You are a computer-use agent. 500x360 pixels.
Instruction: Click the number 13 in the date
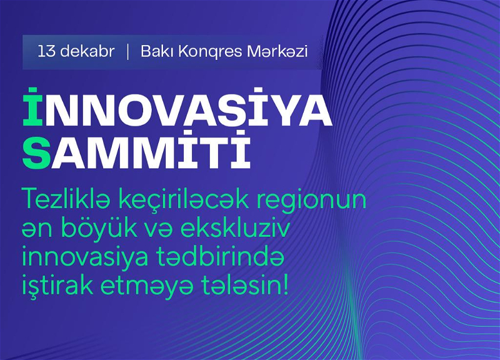point(46,52)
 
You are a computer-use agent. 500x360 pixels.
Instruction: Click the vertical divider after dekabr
point(128,52)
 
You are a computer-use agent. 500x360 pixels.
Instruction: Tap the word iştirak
point(57,286)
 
